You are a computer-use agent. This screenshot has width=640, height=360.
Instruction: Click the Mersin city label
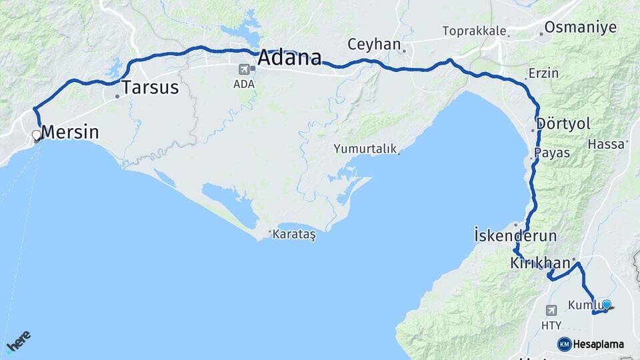coord(70,133)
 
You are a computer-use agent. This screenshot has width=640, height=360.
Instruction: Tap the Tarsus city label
coord(150,87)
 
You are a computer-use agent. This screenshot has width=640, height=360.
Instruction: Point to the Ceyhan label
coord(374,45)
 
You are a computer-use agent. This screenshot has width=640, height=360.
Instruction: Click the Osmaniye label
coord(581,27)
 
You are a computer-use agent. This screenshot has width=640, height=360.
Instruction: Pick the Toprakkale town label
coord(474,31)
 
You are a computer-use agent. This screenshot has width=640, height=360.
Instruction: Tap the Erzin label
coord(543,73)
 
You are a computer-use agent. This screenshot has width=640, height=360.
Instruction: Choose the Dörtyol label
coord(563,124)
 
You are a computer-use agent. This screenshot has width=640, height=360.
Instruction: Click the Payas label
coord(552,153)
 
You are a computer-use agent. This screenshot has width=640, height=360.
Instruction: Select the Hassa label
coord(605,143)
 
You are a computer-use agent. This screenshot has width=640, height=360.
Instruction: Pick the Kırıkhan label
coord(539,263)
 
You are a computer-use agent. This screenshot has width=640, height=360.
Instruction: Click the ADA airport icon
coord(244,69)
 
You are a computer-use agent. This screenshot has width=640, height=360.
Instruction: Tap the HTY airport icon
coord(551,311)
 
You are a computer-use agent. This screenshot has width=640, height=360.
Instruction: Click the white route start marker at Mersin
coord(36,135)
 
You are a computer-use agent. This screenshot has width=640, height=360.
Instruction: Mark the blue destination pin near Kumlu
coord(606,305)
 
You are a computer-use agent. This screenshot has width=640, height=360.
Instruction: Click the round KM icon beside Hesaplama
coord(564,344)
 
